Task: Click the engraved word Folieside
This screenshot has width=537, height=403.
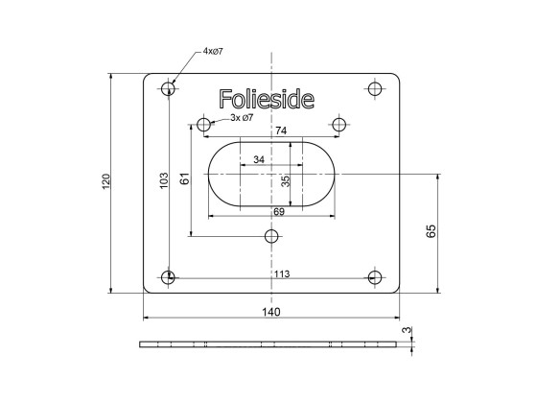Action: (271, 99)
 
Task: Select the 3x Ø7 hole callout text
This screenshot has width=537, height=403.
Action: (242, 117)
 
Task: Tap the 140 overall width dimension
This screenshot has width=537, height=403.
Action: (270, 312)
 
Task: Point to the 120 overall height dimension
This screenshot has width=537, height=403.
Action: (106, 181)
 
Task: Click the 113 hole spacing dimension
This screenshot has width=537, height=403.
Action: (281, 274)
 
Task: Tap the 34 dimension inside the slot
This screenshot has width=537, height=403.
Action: (259, 159)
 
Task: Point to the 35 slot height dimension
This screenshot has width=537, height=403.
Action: (285, 179)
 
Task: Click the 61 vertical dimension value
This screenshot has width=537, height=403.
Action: (185, 178)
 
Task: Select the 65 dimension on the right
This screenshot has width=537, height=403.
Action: (431, 230)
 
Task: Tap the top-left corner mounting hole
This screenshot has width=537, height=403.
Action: (169, 89)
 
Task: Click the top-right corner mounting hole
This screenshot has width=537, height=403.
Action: (375, 89)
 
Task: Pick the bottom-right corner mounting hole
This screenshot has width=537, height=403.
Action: (375, 278)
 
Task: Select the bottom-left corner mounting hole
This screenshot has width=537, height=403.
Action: (169, 278)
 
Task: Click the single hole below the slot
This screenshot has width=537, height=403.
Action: (272, 236)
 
